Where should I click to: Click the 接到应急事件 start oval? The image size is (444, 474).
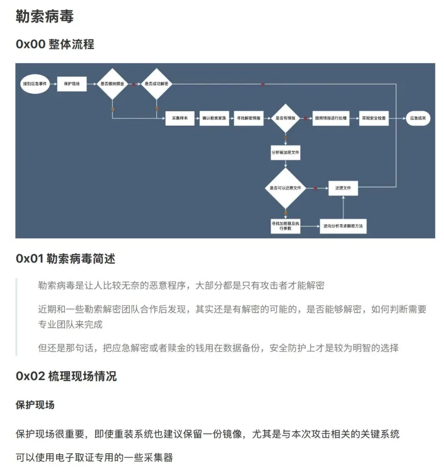(35, 84)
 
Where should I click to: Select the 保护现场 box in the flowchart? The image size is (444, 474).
(72, 84)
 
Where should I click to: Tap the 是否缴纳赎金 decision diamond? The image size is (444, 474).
(112, 84)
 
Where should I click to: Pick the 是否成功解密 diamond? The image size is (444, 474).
(157, 84)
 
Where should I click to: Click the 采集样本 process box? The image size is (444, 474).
(180, 118)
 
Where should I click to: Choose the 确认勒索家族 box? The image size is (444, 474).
(215, 118)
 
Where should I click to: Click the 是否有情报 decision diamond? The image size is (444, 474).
(286, 118)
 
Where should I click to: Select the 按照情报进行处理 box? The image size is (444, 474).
(331, 118)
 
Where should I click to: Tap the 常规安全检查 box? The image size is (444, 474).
(374, 118)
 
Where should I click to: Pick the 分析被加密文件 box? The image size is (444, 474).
(286, 152)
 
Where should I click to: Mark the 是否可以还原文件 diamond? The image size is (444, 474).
(286, 188)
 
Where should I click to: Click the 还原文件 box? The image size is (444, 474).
(343, 188)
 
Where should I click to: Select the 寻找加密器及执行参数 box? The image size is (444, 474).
(286, 226)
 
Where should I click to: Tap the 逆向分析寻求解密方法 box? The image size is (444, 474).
(343, 226)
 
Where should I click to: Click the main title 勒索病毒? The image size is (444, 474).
(45, 16)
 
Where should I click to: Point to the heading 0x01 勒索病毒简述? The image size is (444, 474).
(65, 258)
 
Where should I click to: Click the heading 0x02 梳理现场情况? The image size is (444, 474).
(66, 376)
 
